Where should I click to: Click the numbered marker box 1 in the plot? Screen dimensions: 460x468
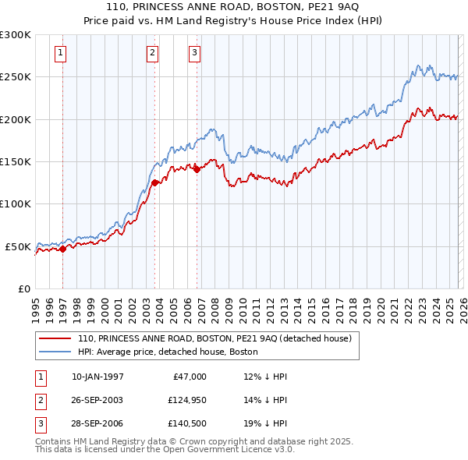61,53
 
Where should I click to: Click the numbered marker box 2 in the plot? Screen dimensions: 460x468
152,53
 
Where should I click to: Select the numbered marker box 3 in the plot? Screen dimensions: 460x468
194,53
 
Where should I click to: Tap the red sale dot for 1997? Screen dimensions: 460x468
63,249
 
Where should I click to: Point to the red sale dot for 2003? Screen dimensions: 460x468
155,183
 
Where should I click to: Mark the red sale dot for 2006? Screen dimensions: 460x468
197,169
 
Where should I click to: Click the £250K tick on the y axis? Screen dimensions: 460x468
16,77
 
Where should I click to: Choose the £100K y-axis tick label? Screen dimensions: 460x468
16,203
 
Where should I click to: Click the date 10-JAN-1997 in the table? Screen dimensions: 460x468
97,377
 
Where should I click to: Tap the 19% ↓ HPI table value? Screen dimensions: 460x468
265,425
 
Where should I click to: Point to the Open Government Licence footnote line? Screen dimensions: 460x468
165,450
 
